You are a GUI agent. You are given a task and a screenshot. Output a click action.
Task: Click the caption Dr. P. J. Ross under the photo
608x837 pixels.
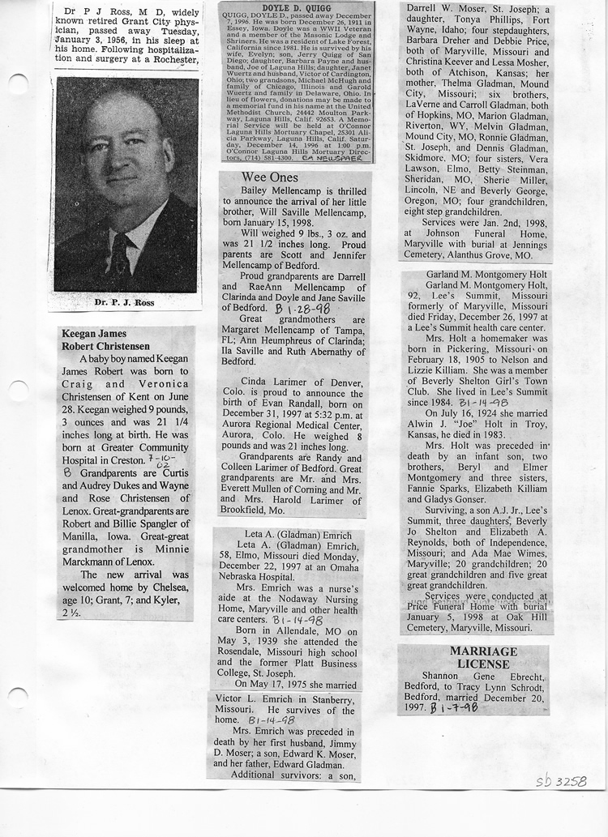[125, 303]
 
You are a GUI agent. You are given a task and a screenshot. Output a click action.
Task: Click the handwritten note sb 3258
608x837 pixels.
[561, 781]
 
